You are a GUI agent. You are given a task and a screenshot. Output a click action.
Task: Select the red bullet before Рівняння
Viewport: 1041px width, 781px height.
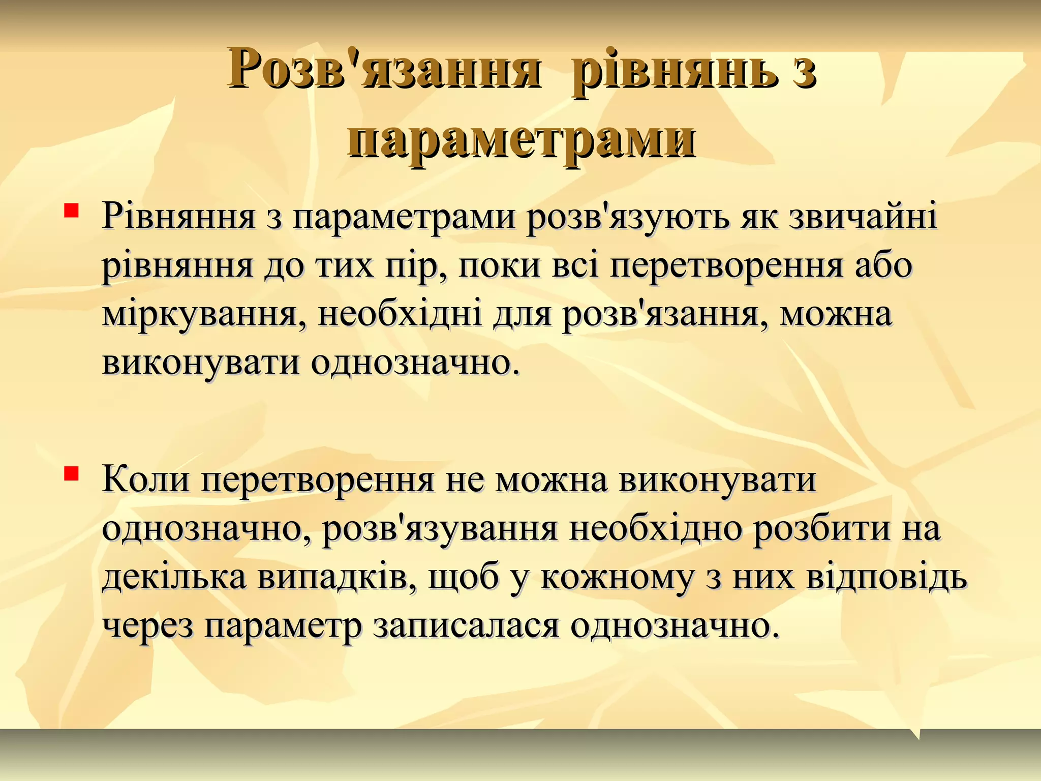pos(71,211)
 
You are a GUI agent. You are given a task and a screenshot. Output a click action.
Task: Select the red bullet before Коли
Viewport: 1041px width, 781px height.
pos(71,474)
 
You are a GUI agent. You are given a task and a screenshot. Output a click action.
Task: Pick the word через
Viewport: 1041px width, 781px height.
pos(148,626)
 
